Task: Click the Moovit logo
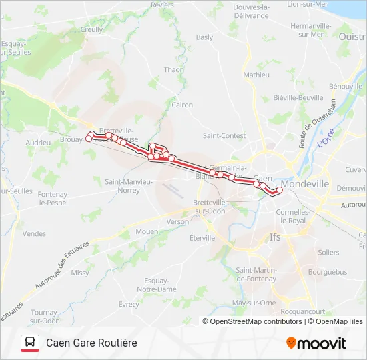coord(316,343)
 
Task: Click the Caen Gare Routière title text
coord(91,343)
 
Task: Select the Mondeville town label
coord(305,183)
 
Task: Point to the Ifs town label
coord(274,237)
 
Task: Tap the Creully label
coord(91,30)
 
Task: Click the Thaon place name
coord(173,69)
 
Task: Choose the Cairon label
coord(182,105)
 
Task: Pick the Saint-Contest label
coord(224,135)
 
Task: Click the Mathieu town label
coord(256,75)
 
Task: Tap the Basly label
coord(204,38)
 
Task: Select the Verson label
coord(177,221)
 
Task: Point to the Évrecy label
coord(128,304)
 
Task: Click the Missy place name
coord(80,273)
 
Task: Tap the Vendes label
coord(34,234)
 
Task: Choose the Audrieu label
coord(38,143)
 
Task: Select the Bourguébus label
coord(325,272)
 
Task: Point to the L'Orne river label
coord(325,141)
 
